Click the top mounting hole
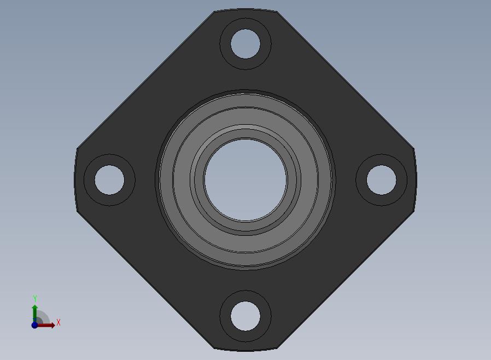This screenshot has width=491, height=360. (245, 44)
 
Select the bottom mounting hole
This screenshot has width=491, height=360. (245, 316)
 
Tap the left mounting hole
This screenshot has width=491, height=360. (109, 180)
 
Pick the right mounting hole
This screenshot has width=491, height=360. (382, 180)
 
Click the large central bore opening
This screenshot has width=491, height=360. (245, 180)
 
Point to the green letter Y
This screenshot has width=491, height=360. (35, 298)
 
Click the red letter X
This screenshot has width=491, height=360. (59, 322)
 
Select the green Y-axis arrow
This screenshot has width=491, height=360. (35, 314)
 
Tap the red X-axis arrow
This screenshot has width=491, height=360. (45, 325)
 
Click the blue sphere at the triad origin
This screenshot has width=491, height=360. (34, 325)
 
